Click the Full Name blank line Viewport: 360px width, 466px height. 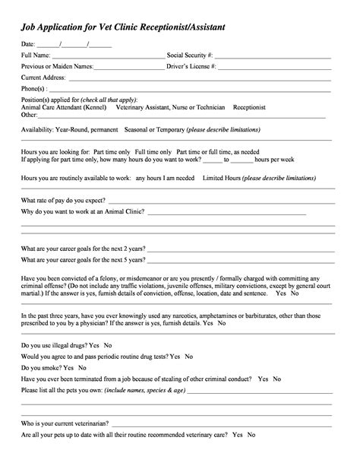[x=107, y=57]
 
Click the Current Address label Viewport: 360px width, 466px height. [x=43, y=78]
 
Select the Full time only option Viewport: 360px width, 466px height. [x=152, y=151]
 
